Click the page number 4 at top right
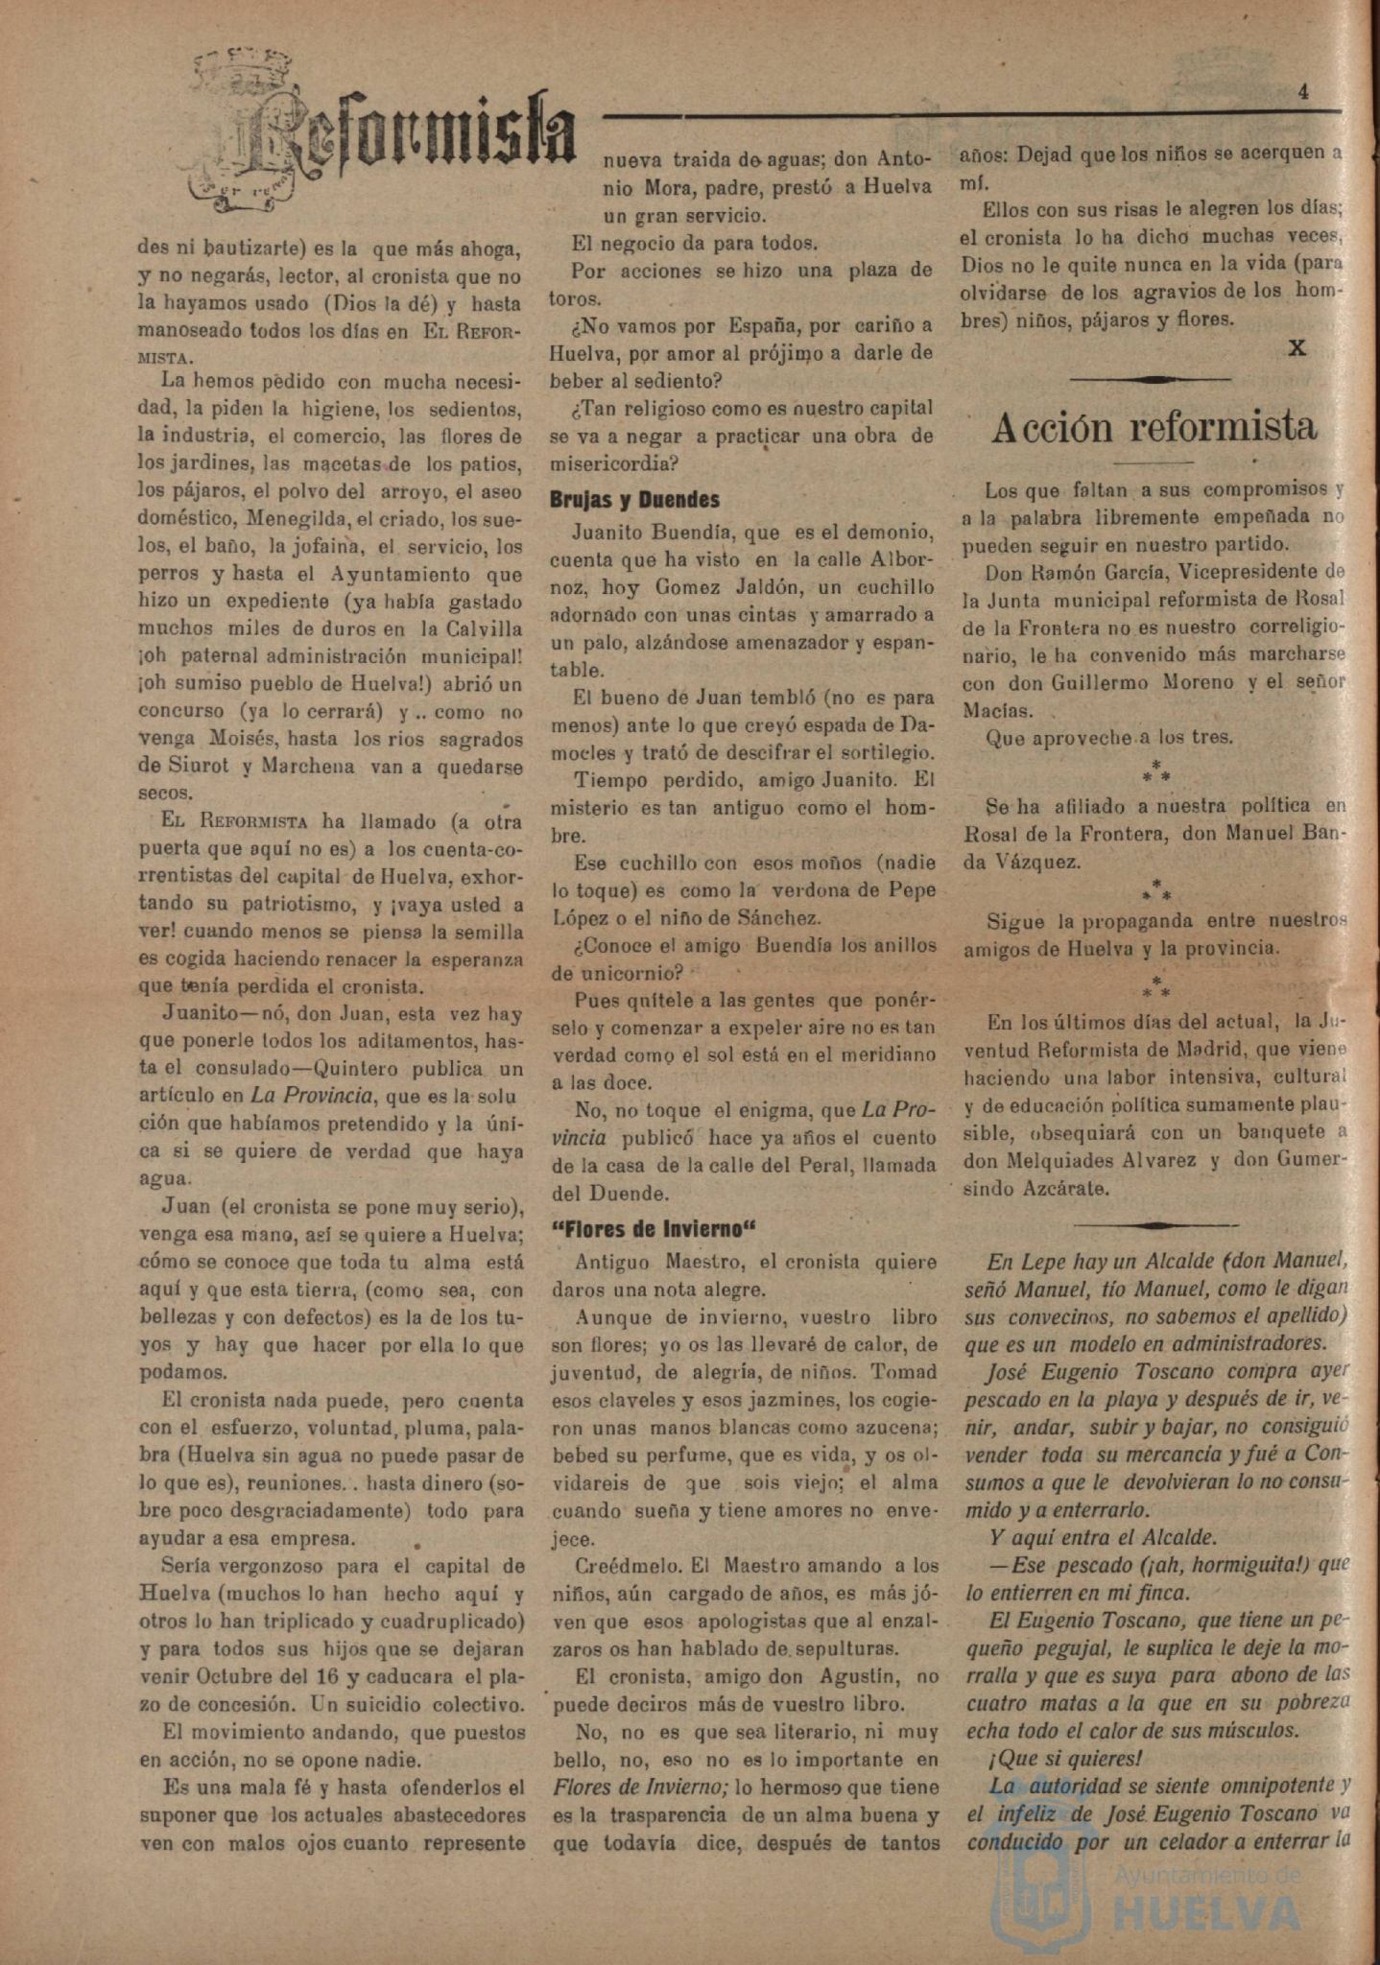1303,92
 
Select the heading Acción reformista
1154,427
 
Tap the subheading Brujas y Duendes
634,500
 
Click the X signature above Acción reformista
1297,347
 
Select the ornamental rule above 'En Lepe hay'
1155,1225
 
